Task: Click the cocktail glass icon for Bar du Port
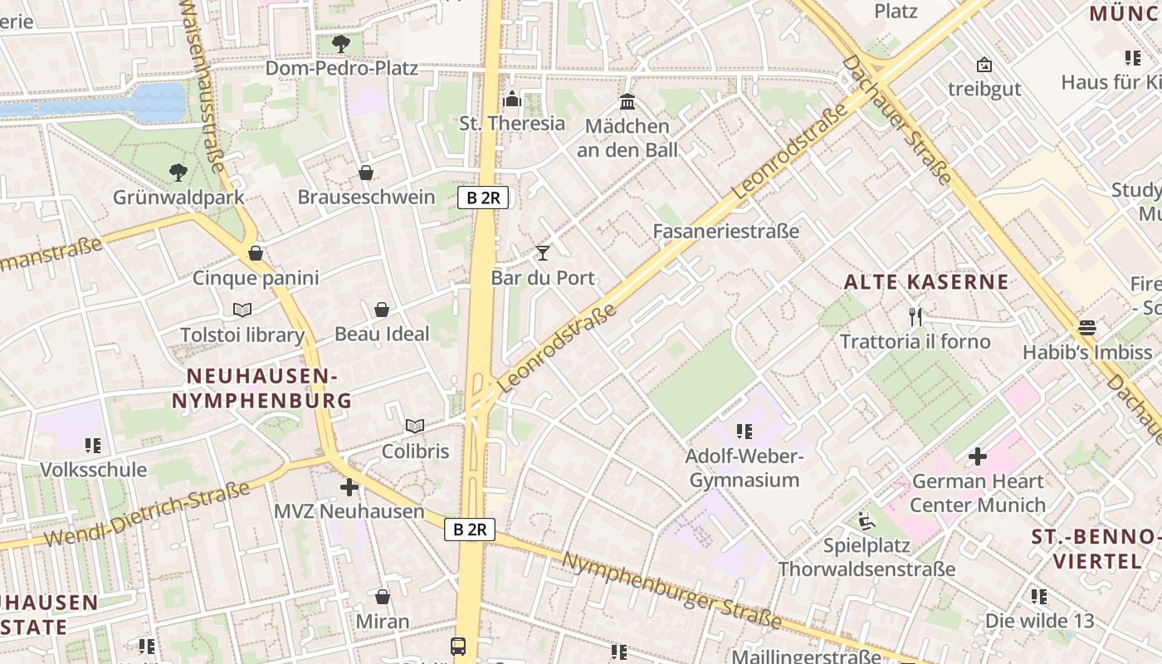tap(543, 252)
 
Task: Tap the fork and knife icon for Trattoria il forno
tap(915, 316)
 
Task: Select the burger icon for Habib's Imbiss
tap(1086, 327)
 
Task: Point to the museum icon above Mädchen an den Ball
tap(627, 101)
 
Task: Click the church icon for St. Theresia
tap(512, 99)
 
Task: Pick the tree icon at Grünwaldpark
tap(178, 173)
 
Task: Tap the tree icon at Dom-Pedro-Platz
tap(340, 44)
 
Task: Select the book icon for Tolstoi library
tap(242, 310)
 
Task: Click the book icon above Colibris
tap(415, 427)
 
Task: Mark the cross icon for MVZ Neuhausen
tap(349, 486)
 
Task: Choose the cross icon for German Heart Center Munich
tap(978, 456)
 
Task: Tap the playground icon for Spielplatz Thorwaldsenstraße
tap(867, 521)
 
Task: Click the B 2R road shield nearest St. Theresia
tap(482, 198)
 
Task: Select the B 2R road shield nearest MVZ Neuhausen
tap(470, 530)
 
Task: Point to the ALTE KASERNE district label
tap(926, 282)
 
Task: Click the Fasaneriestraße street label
tap(726, 231)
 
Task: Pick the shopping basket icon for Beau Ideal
tap(382, 310)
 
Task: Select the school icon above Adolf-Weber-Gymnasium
tap(744, 432)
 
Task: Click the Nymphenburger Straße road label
tap(671, 590)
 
